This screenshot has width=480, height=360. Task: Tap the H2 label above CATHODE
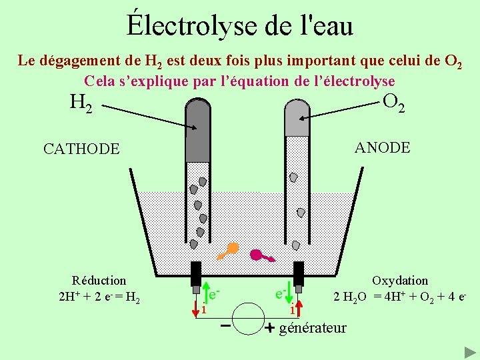[81, 103]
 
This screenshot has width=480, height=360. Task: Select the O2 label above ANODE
[394, 102]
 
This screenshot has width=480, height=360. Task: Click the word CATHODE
[81, 149]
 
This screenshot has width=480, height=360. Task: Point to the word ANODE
[383, 147]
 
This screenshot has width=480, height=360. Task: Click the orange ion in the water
[229, 250]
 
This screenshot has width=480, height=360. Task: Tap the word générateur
[313, 327]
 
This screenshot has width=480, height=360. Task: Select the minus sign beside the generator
[226, 326]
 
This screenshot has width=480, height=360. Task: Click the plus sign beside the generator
[269, 328]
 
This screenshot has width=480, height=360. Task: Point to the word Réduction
[99, 281]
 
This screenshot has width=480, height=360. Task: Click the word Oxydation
[400, 281]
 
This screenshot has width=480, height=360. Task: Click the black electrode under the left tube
[196, 273]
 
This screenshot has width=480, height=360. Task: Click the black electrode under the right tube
[299, 273]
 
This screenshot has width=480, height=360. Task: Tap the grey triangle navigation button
[469, 352]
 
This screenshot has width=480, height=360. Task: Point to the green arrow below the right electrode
[291, 294]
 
